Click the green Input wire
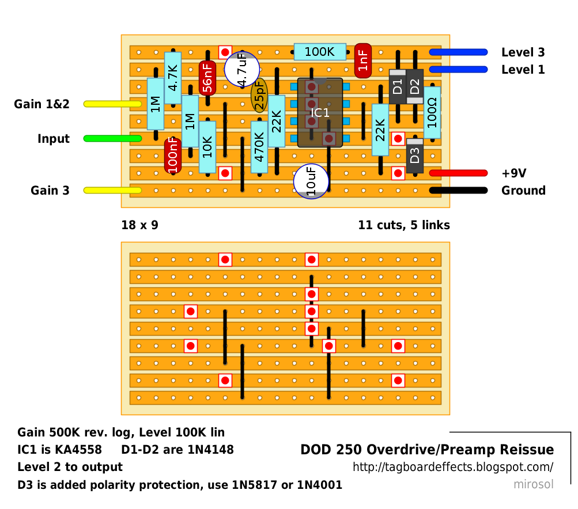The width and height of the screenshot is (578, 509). (112, 138)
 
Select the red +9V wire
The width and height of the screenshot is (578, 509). (458, 173)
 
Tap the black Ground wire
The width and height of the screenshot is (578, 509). (458, 191)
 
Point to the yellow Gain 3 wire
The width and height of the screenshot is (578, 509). (112, 190)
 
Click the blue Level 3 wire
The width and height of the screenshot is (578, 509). (458, 52)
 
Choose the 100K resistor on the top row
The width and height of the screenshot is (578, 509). (319, 52)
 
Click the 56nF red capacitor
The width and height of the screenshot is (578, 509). (207, 78)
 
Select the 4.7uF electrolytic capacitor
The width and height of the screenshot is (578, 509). (242, 69)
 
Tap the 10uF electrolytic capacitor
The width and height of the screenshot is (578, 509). (311, 181)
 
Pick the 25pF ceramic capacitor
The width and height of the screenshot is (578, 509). (259, 95)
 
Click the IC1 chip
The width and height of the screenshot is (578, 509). (320, 112)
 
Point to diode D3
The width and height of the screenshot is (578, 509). (415, 155)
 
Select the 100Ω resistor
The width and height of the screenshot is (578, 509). (432, 112)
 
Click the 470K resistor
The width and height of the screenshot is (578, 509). (259, 147)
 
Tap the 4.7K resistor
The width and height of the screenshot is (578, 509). (173, 78)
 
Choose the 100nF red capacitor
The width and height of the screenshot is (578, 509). (173, 155)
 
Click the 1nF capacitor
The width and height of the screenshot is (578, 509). (363, 60)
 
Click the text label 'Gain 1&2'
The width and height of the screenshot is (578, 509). (41, 104)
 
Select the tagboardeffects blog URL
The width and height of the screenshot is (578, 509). (453, 467)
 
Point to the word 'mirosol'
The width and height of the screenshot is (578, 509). (533, 484)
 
